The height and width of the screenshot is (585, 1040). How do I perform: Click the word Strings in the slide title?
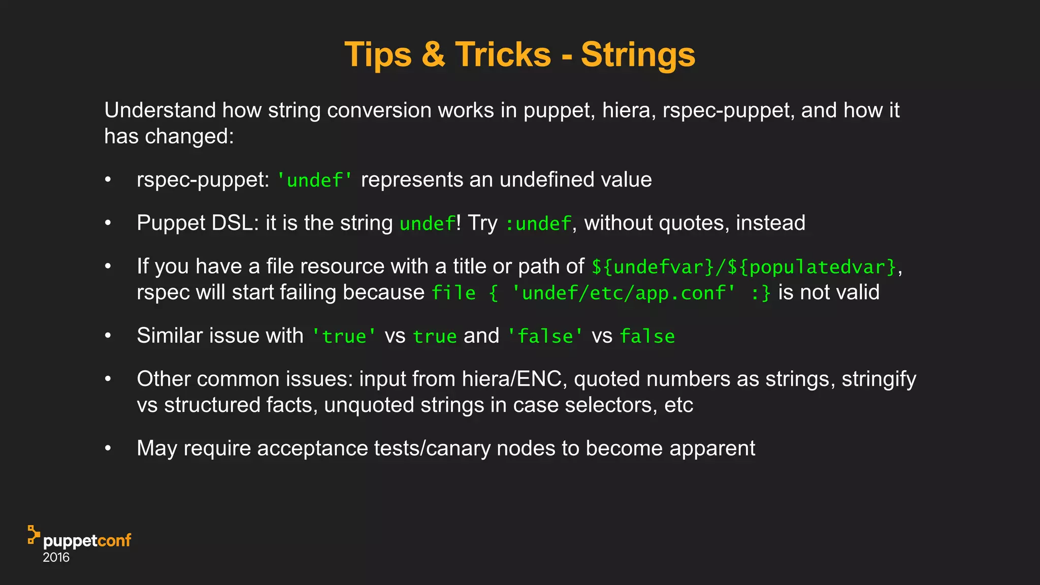coord(638,54)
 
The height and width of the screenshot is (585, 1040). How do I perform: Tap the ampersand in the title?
coord(433,54)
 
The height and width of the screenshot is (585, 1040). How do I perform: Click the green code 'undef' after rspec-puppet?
coord(315,180)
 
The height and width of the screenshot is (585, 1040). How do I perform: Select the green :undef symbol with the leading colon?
coord(538,223)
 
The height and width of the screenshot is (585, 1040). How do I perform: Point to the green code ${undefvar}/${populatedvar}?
coord(744,267)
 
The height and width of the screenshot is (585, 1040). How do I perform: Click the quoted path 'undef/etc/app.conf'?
coord(624,293)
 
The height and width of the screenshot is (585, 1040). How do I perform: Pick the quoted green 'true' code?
coord(344,336)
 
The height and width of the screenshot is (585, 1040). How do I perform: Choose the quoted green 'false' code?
coord(545,336)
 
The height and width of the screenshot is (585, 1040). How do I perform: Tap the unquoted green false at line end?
coord(647,336)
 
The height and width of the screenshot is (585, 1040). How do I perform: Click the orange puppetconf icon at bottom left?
coord(34,535)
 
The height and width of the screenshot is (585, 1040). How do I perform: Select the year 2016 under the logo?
coord(56,558)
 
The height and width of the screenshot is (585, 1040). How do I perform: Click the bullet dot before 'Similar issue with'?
coord(108,336)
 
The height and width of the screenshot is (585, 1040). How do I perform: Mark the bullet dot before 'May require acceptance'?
coord(108,448)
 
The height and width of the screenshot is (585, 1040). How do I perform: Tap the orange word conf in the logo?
coord(114,540)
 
